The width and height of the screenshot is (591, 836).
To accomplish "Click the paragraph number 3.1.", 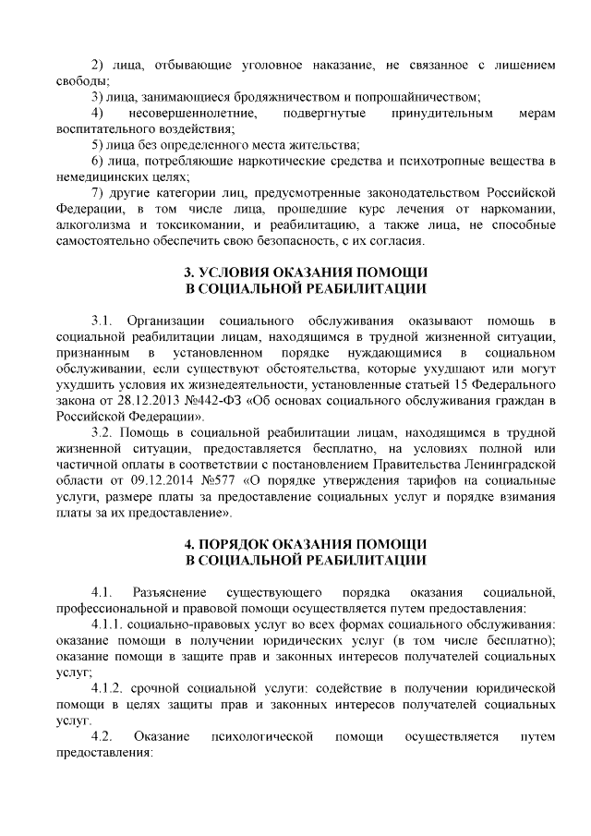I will (102, 321).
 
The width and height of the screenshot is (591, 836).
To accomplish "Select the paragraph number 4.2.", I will (102, 736).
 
